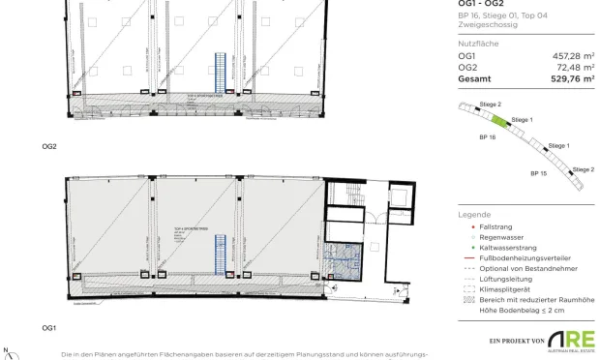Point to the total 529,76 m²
(x=571, y=79)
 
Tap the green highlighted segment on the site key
(x=499, y=121)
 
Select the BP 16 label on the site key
(x=487, y=138)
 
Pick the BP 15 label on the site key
(x=539, y=171)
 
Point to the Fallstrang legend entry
(x=495, y=225)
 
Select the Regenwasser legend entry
(x=500, y=236)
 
